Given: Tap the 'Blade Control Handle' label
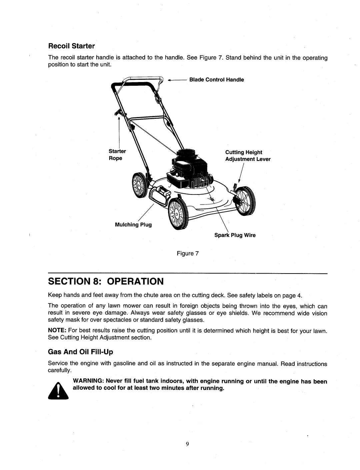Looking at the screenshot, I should point(217,80).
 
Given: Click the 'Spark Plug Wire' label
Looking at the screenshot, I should point(235,235).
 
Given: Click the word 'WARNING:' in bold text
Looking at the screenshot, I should point(85,381).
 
